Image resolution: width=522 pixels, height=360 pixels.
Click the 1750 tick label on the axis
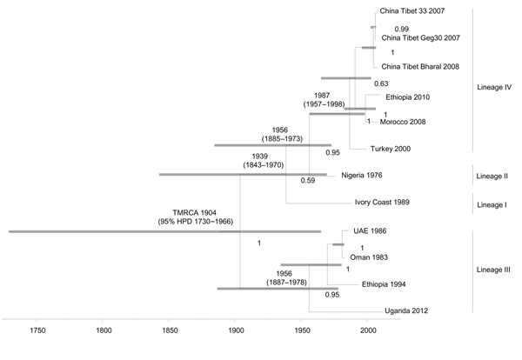(x=37, y=330)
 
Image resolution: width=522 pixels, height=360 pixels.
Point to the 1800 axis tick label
(x=104, y=330)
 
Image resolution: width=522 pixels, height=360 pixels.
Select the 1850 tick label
(x=170, y=330)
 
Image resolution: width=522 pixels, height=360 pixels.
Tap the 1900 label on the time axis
(x=236, y=330)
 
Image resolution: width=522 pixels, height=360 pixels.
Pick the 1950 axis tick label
(x=302, y=330)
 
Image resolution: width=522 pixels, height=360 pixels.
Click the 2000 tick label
(x=368, y=330)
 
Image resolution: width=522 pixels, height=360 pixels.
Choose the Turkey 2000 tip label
(x=391, y=149)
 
